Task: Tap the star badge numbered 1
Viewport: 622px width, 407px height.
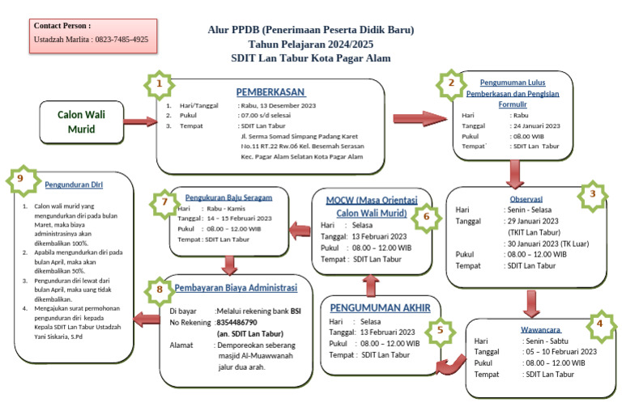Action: pos(160,84)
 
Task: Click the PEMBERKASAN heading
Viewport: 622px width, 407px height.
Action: pos(271,91)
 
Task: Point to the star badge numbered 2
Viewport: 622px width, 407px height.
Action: pos(451,83)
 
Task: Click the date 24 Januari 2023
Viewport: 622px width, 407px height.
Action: pos(535,125)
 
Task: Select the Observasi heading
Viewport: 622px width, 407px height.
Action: pos(526,198)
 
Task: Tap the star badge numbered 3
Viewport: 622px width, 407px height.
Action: pos(593,194)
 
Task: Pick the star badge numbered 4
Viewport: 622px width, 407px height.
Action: pos(599,322)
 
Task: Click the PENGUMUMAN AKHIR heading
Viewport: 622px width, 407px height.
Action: pos(381,308)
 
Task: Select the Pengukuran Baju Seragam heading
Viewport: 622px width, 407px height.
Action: pos(228,197)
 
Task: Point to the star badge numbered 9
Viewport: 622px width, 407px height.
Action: pos(19,183)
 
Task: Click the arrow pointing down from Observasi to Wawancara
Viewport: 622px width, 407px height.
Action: pos(530,302)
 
